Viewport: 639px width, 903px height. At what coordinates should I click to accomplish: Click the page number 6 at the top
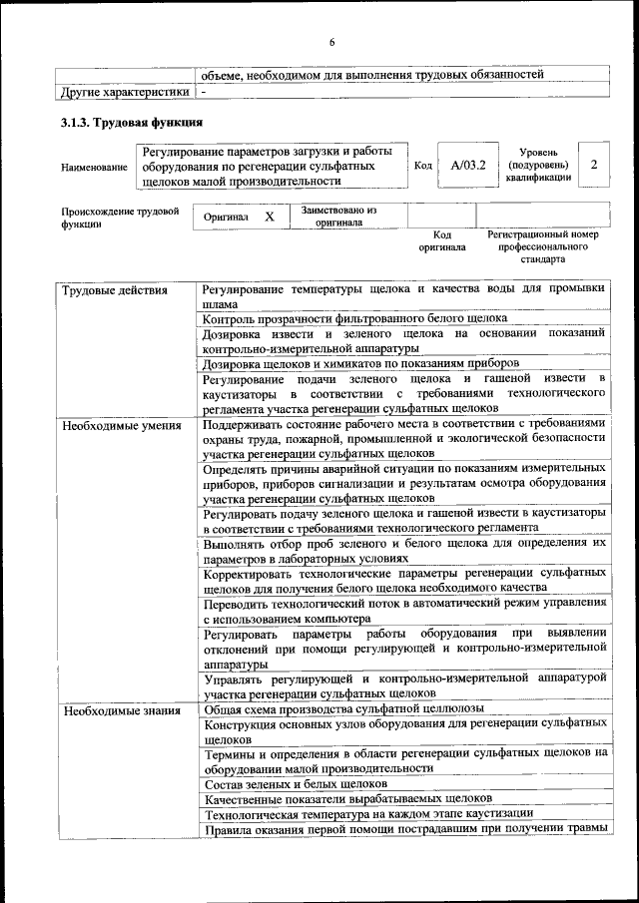pos(331,41)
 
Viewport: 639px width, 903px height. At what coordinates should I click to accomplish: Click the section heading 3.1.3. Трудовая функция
pos(132,123)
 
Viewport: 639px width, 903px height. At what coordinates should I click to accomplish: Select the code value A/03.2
pos(467,165)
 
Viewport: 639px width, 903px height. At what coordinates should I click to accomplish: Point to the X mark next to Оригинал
pos(269,217)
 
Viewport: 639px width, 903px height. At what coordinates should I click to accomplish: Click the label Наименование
pos(95,167)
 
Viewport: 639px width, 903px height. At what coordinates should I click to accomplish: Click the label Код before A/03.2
pos(423,165)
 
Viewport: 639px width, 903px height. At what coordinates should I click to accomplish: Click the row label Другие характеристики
pos(124,91)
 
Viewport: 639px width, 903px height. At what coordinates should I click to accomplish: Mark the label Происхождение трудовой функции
pos(120,218)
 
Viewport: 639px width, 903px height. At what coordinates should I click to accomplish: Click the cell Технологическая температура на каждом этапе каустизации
pos(368,815)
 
